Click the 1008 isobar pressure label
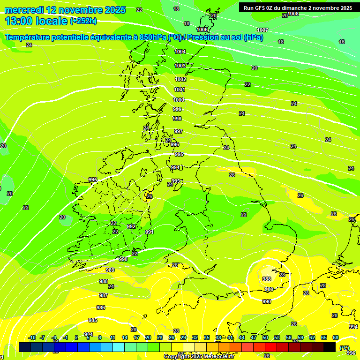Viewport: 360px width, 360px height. coord(293,14)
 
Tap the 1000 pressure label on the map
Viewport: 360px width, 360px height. coord(179,100)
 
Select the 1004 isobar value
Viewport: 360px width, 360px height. coord(180,52)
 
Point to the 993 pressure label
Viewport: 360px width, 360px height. coord(176,181)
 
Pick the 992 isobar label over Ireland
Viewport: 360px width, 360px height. coord(131,226)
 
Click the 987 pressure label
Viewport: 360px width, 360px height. coord(103,295)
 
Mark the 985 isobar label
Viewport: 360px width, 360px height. coord(93,320)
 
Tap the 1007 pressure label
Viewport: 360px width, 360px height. coord(262,30)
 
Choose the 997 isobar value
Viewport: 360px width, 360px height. coord(178,131)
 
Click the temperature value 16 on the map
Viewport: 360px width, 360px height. coord(342,42)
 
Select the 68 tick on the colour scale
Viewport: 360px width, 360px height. coord(336,337)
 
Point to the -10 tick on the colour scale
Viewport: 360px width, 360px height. coord(32,337)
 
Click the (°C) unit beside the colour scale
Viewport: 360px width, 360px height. coord(345,348)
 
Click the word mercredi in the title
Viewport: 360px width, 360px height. coord(23,10)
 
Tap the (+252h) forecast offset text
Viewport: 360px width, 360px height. coord(83,21)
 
